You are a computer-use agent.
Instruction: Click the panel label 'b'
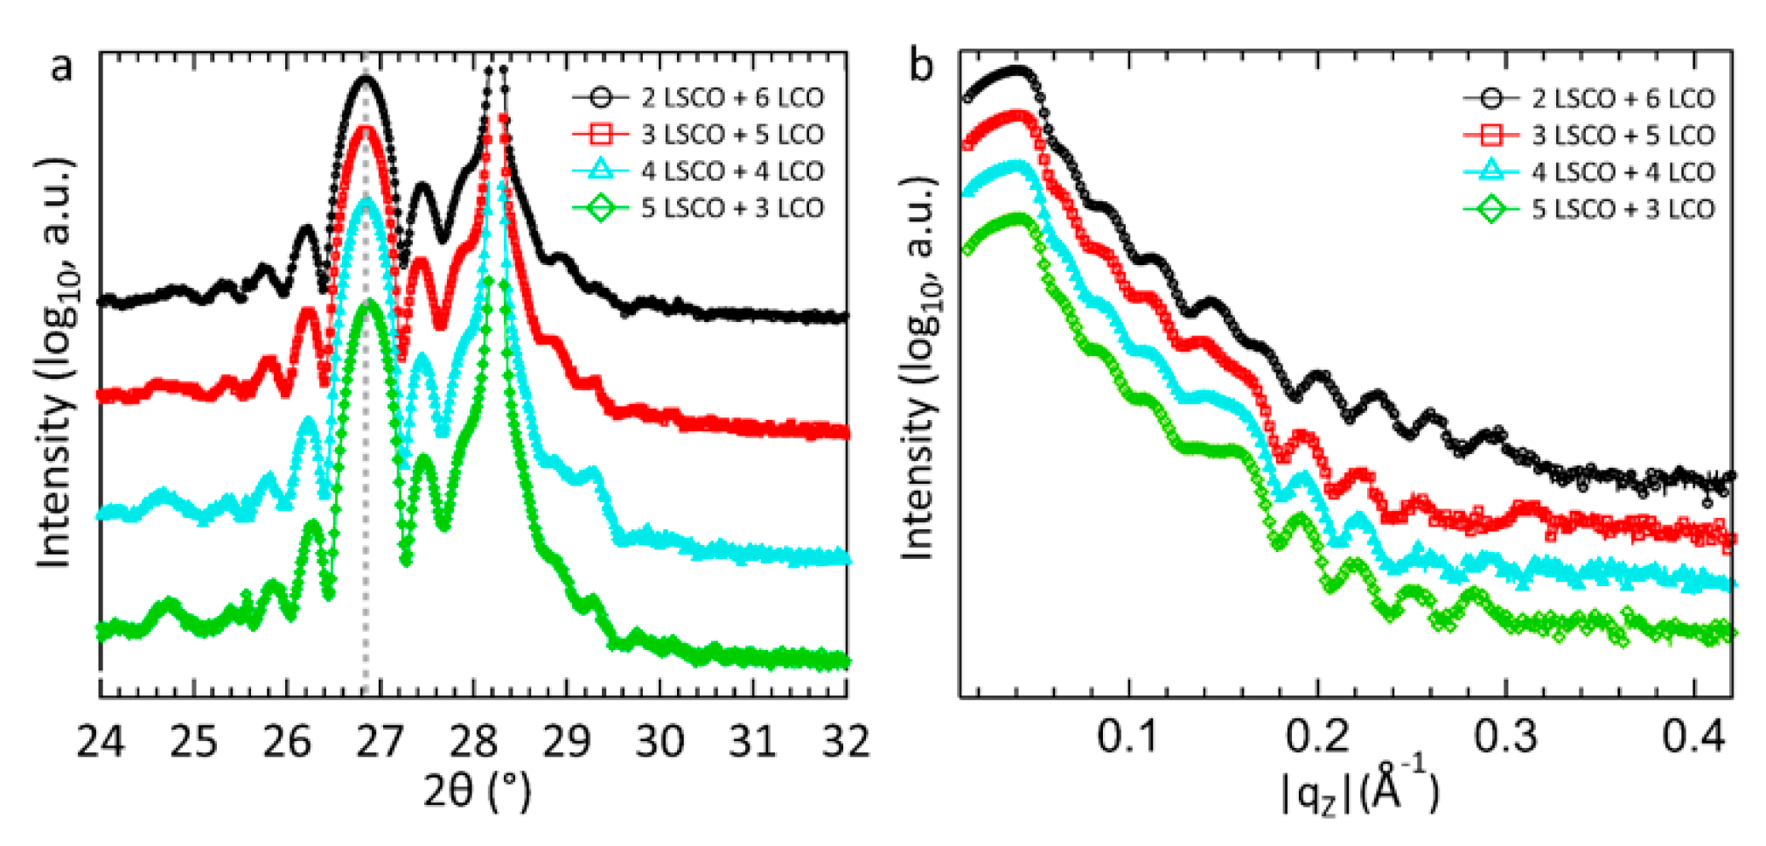[x=921, y=66]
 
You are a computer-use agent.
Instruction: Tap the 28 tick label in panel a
[x=473, y=741]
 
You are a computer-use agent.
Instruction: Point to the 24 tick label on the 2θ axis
[x=101, y=741]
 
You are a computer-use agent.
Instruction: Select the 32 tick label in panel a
[x=846, y=741]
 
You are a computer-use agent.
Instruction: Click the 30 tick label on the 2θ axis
[x=660, y=741]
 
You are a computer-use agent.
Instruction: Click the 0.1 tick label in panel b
[x=1127, y=737]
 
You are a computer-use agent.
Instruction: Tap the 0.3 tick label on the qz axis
[x=1504, y=737]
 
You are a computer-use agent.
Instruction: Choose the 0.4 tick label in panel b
[x=1693, y=737]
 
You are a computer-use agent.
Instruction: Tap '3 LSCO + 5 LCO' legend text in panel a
[x=733, y=134]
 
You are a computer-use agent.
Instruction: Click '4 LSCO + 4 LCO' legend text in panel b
[x=1623, y=171]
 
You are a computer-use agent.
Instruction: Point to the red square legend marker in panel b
[x=1490, y=135]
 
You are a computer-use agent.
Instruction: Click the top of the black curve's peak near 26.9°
[x=366, y=79]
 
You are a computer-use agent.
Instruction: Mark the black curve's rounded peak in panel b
[x=1015, y=69]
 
